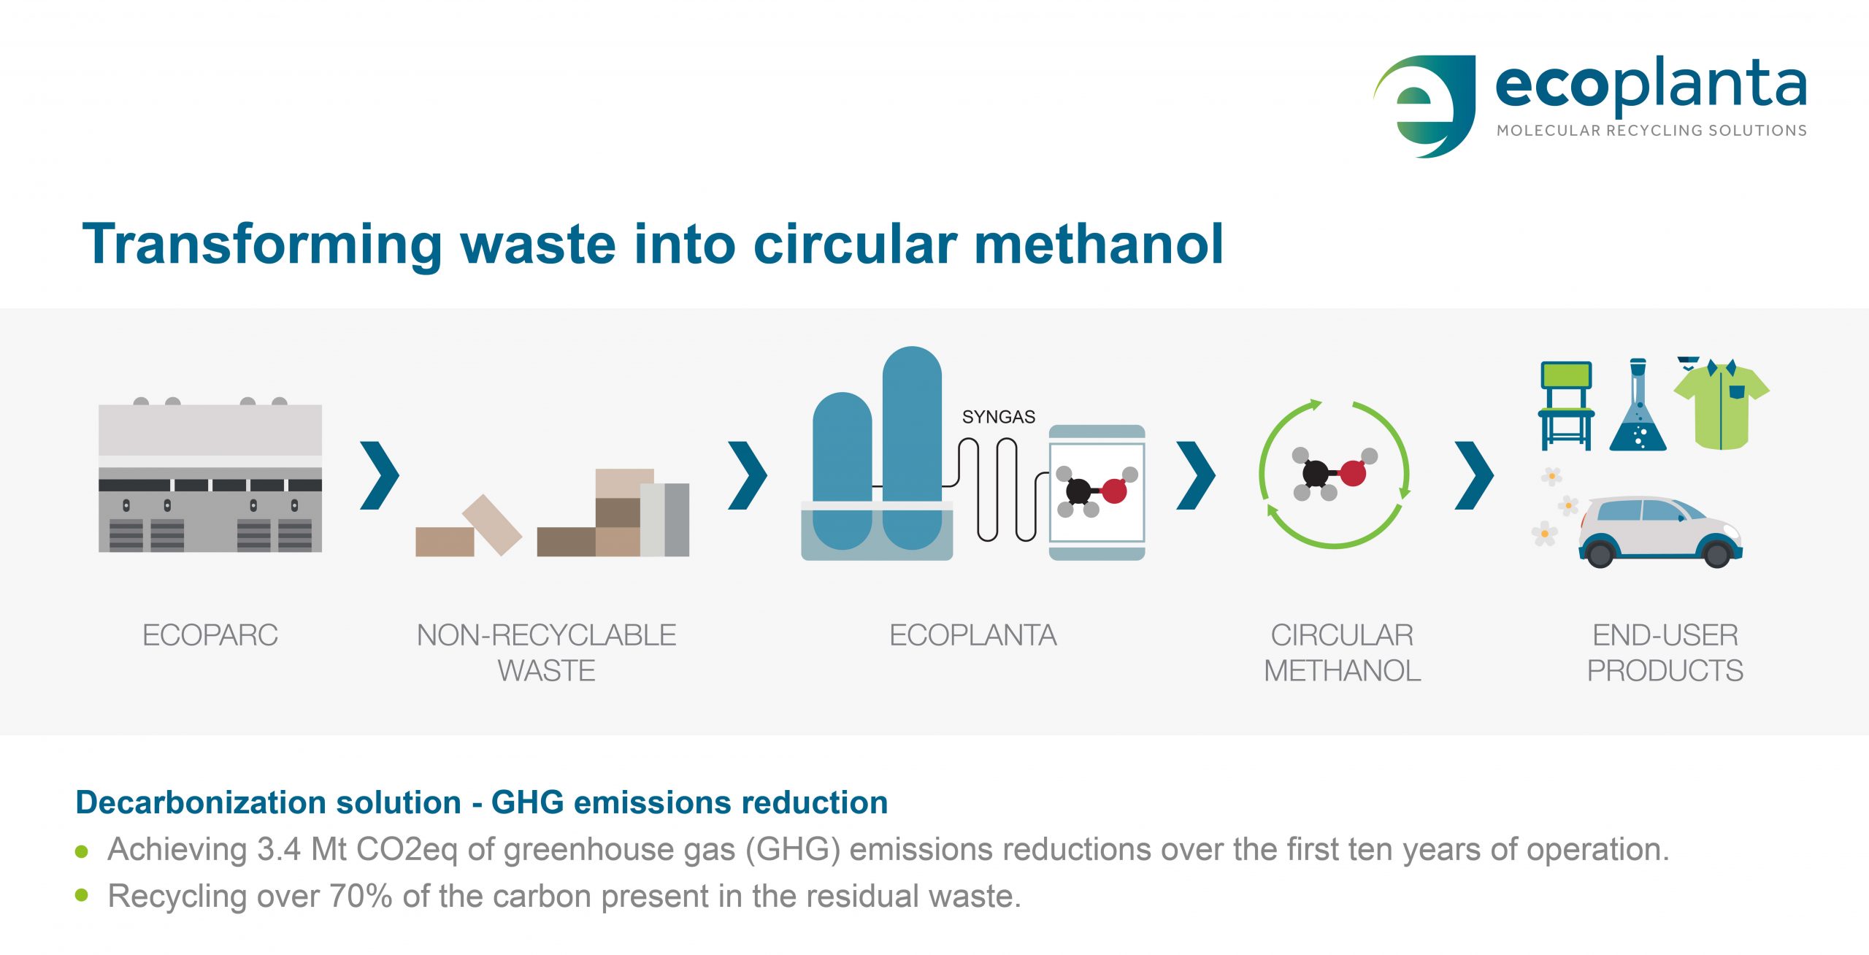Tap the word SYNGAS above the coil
pyautogui.click(x=999, y=417)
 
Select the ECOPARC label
pyautogui.click(x=210, y=635)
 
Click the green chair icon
pyautogui.click(x=1566, y=405)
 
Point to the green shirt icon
pyautogui.click(x=1722, y=405)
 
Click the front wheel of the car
pyautogui.click(x=1716, y=553)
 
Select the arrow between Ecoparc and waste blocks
pyautogui.click(x=380, y=475)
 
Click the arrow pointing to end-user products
pyautogui.click(x=1474, y=475)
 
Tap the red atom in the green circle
pyautogui.click(x=1353, y=473)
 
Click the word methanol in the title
pyautogui.click(x=1099, y=244)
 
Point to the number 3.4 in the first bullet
pyautogui.click(x=279, y=850)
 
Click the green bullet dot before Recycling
pyautogui.click(x=82, y=895)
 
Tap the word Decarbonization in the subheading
pyautogui.click(x=269, y=802)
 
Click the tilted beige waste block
pyautogui.click(x=492, y=525)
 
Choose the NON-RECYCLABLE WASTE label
pyautogui.click(x=547, y=653)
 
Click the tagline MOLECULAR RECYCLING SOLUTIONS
pyautogui.click(x=1651, y=131)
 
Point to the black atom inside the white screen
pyautogui.click(x=1078, y=491)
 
